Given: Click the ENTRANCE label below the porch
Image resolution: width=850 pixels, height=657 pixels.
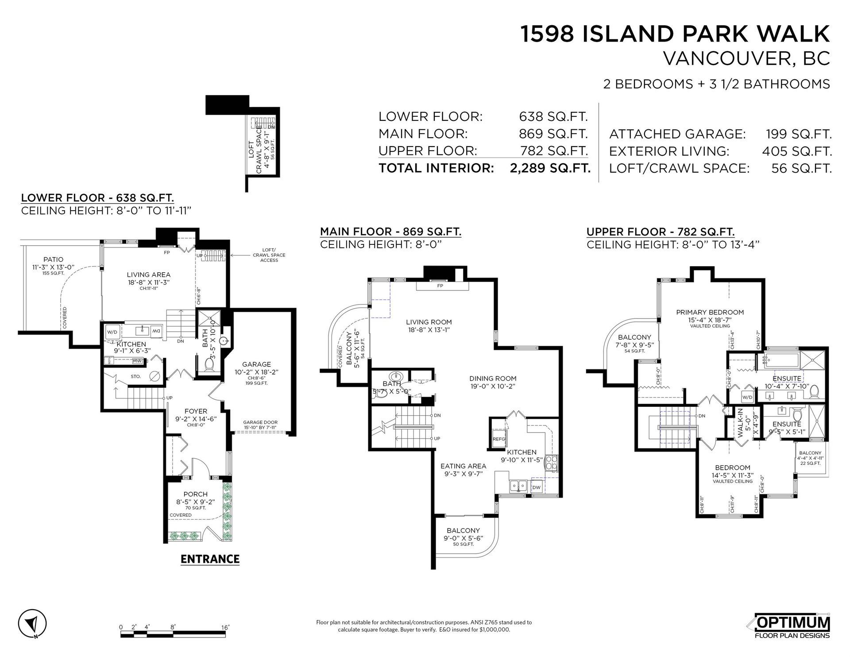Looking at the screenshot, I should (x=210, y=559).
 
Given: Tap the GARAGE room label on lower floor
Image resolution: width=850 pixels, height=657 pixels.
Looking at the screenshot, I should (x=259, y=364).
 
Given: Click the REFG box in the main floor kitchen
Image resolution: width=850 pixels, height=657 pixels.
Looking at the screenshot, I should (x=499, y=439).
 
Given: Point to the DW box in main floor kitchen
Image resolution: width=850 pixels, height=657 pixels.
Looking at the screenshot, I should (x=536, y=487).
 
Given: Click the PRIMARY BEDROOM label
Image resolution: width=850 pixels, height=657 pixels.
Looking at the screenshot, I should (x=710, y=312).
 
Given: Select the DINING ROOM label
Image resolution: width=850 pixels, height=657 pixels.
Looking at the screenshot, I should (x=493, y=379).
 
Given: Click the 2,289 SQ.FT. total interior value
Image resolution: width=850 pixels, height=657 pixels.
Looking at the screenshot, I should (x=550, y=168).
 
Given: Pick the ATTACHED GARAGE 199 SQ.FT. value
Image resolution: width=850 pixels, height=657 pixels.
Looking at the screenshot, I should (x=799, y=134).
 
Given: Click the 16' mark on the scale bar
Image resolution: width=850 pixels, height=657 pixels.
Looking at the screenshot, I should (x=225, y=627).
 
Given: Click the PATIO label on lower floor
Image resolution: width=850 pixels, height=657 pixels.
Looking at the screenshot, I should (x=53, y=259).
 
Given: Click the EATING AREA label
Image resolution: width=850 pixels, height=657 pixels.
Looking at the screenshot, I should (x=463, y=466).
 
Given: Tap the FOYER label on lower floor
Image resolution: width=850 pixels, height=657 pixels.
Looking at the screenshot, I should (x=196, y=411).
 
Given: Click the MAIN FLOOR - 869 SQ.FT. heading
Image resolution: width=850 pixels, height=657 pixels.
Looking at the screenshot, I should (x=390, y=232).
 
